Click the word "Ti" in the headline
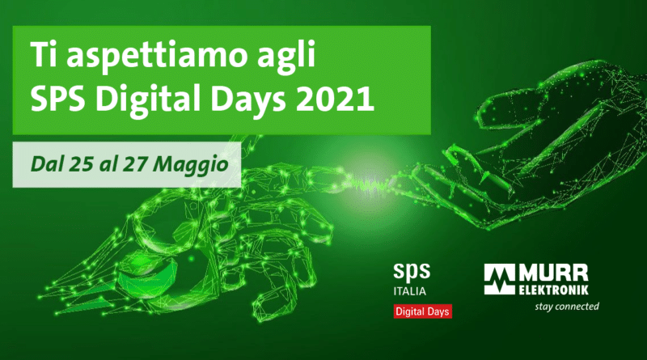44,54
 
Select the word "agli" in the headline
286,57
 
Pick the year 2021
335,98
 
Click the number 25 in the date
82,164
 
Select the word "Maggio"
190,165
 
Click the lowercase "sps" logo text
412,272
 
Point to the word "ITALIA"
409,291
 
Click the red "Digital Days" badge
422,311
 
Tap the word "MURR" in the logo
553,273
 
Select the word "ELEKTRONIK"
553,290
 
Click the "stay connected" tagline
567,307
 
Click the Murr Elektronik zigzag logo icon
499,279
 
